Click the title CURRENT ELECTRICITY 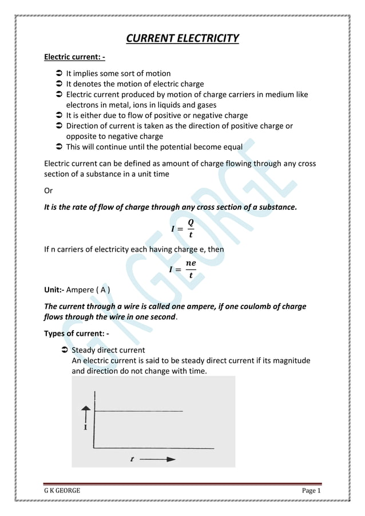coord(182,39)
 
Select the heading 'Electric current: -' coord(74,57)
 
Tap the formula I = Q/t coord(182,229)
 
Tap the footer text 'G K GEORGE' coord(62,491)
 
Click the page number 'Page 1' coord(312,491)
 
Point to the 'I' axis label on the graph coord(86,427)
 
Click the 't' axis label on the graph coord(132,459)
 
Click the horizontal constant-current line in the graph coord(139,411)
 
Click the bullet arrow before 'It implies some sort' coord(59,74)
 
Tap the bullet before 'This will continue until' coord(59,147)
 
